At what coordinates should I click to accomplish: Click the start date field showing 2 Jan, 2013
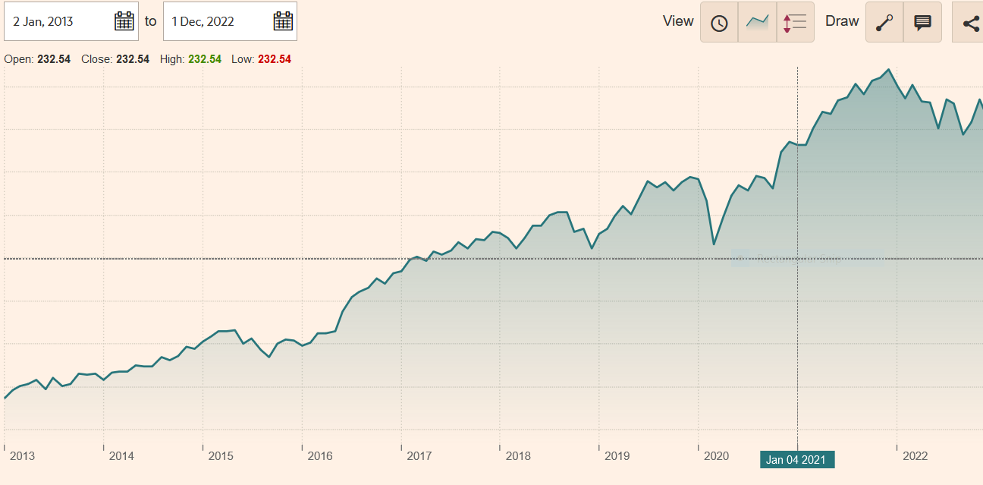tap(61, 21)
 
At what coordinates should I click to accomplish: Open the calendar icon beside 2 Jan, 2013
tap(124, 21)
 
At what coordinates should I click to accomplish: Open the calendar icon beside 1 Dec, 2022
tap(283, 21)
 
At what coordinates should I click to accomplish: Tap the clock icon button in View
tap(719, 22)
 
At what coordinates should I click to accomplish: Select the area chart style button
tap(757, 22)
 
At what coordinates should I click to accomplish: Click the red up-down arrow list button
tap(795, 22)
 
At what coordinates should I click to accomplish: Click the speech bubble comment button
tap(922, 22)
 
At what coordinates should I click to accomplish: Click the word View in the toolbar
tap(678, 21)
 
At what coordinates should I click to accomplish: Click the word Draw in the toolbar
tap(842, 21)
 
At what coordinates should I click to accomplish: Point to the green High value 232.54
tap(205, 59)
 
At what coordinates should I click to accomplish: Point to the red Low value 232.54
tap(275, 59)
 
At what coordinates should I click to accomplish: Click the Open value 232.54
tap(54, 59)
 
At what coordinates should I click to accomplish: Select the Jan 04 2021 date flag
tap(796, 459)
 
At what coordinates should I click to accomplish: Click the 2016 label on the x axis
tap(320, 456)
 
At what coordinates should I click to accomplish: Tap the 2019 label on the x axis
tap(617, 456)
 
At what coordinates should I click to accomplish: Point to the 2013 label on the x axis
tap(22, 456)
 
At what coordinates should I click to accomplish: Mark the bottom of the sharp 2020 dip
tap(714, 244)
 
